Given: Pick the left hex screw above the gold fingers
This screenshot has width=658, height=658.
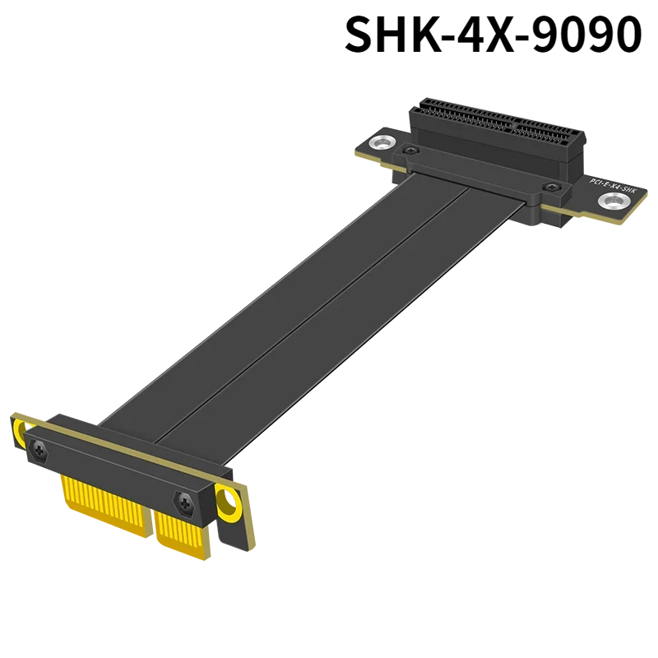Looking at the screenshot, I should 38,447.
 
